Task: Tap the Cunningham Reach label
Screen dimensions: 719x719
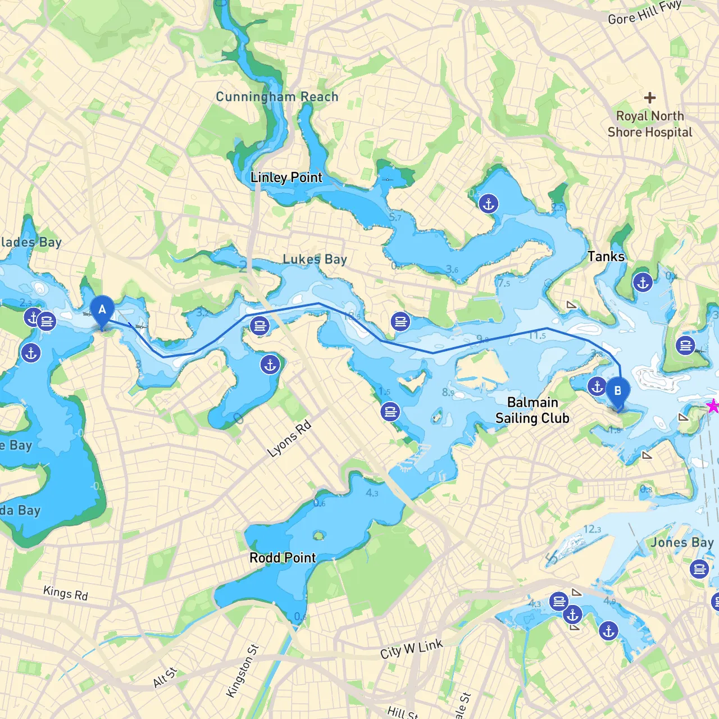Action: coord(277,97)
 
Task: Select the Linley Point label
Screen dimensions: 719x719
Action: coord(286,178)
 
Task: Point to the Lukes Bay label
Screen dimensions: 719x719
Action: coord(315,259)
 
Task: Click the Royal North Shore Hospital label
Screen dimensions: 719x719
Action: coord(650,124)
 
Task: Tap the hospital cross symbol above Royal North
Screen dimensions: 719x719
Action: coord(650,98)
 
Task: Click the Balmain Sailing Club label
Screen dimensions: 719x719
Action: coord(532,410)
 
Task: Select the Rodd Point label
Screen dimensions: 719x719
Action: coord(283,558)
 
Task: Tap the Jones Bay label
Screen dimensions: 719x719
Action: coord(682,543)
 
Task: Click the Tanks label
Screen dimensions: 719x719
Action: coord(606,257)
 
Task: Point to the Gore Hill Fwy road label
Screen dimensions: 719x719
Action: coord(644,12)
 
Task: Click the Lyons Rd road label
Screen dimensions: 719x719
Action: coord(289,439)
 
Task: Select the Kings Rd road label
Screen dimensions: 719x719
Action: coord(66,593)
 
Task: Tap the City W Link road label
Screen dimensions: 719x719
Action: coord(411,649)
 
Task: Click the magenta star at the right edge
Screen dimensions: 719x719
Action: coord(713,406)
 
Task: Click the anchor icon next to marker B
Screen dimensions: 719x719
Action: coord(597,386)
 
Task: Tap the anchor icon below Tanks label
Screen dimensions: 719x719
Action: coord(643,282)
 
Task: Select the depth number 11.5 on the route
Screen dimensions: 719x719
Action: coord(537,336)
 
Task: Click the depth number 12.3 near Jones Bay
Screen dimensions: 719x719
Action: coord(592,529)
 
